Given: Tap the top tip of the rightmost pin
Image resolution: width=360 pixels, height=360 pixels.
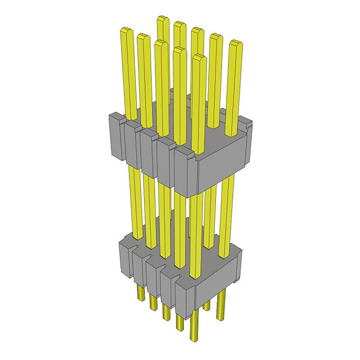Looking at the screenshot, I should point(236,43).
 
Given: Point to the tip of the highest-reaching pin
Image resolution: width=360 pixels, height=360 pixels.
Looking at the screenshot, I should point(163,20).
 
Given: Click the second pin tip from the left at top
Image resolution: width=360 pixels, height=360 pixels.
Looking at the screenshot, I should point(143,37).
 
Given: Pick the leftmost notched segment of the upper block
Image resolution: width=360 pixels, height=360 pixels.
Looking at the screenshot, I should point(115,135).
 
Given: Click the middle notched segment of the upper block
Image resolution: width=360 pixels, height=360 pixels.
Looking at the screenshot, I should point(149,152).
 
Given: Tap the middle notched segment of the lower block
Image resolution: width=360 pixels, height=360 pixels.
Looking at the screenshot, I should point(154,272).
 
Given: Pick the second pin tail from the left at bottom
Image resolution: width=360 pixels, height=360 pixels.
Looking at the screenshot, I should point(152,304).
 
